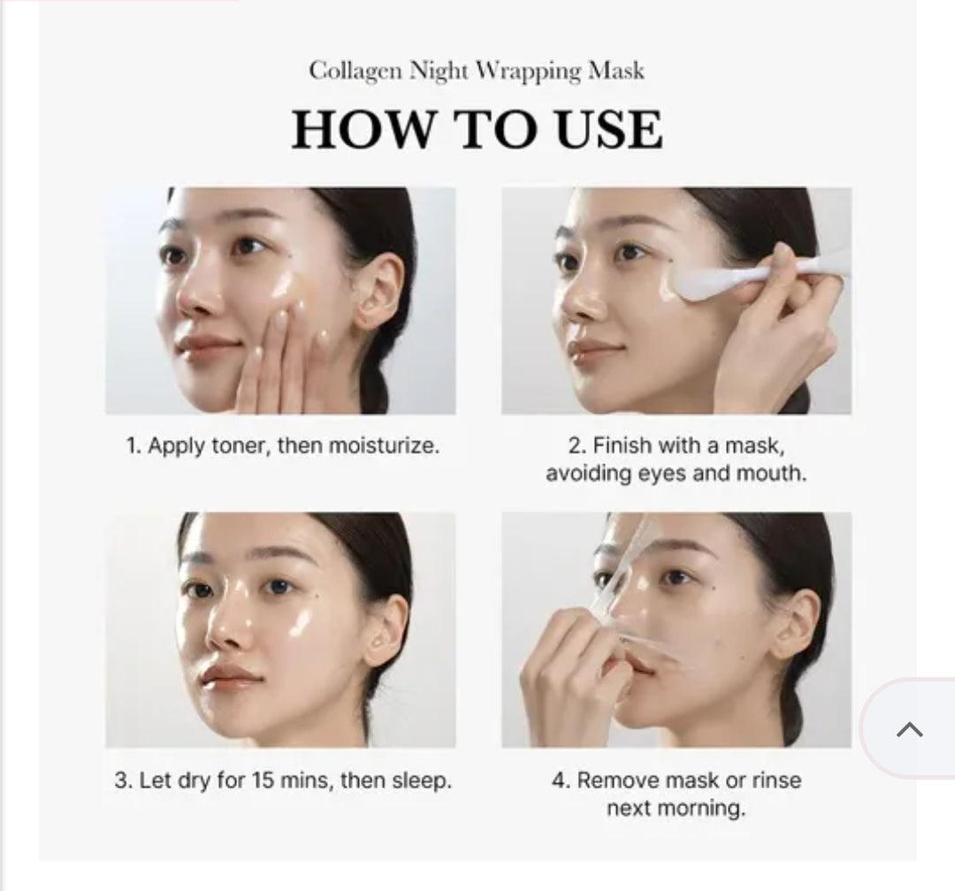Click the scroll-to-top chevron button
pos(909,729)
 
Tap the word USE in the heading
pos(609,129)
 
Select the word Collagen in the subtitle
pos(354,71)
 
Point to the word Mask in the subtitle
pos(617,71)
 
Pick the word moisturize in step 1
pos(384,445)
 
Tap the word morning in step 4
pos(708,808)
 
